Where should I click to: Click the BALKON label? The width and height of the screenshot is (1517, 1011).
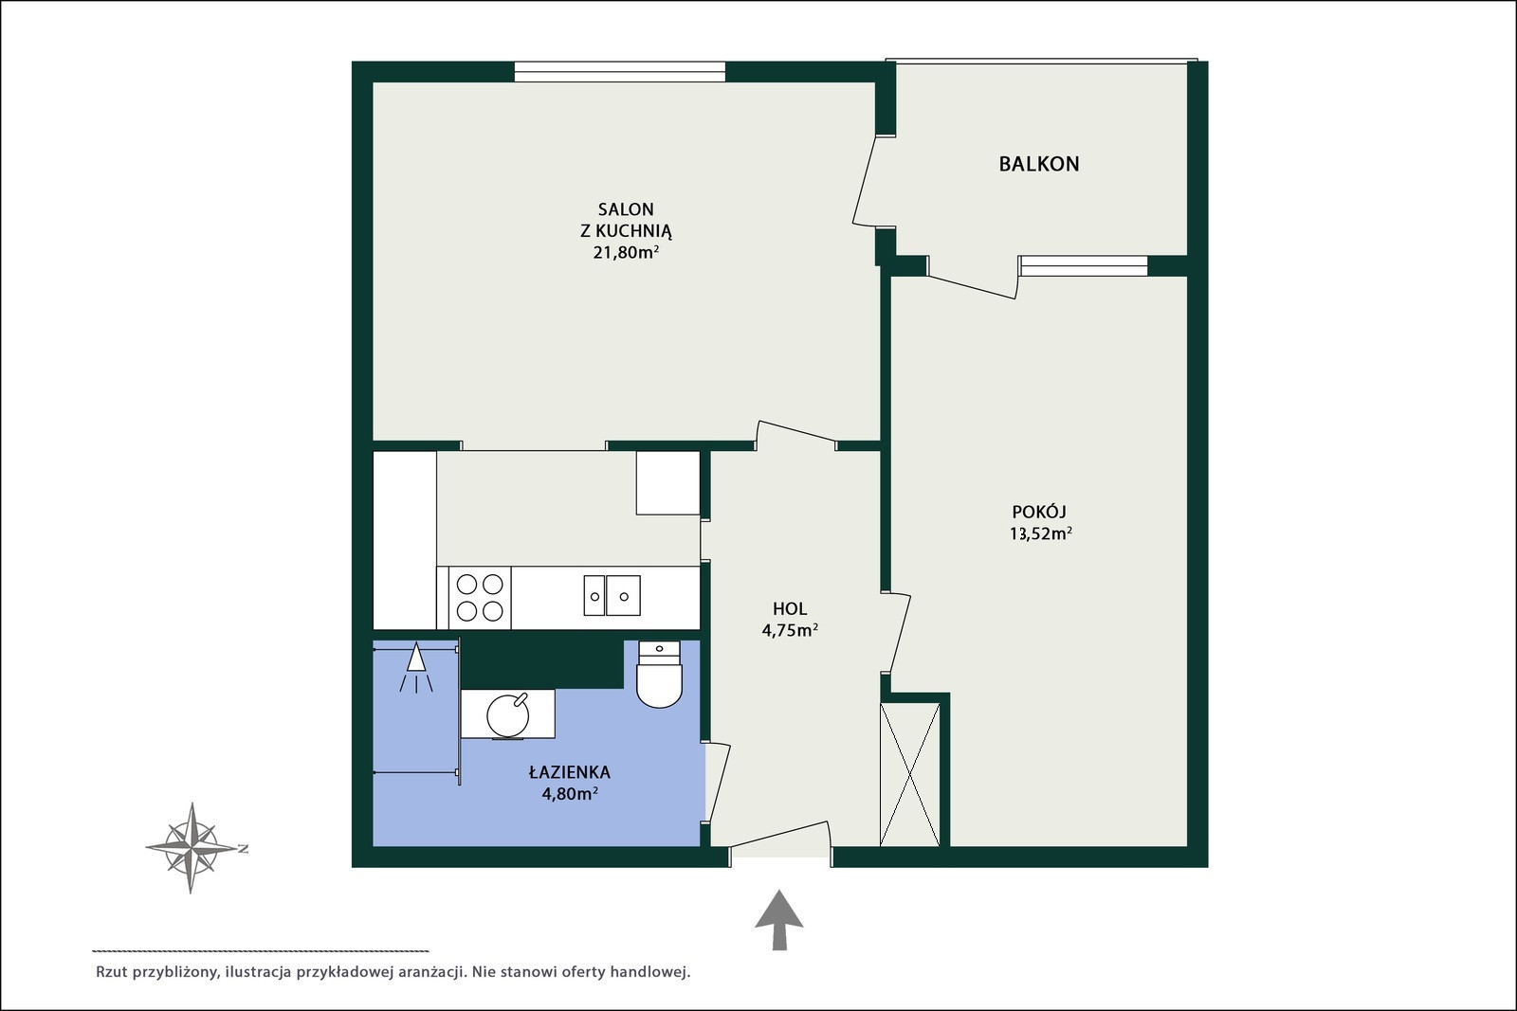point(1039,164)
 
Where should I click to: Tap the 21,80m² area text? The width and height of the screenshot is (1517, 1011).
point(627,252)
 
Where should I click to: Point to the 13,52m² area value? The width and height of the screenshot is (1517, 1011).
point(1041,533)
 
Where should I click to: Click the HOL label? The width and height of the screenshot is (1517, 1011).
point(790,608)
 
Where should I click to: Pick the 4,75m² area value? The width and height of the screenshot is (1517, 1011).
point(790,631)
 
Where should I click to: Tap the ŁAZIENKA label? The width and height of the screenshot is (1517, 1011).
point(570,771)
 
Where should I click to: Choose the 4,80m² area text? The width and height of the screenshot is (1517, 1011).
point(570,794)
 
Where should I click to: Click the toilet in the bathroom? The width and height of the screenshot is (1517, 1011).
point(659,675)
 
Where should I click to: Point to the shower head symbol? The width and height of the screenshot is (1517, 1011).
point(416,667)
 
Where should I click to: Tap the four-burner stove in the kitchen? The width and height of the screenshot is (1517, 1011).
point(480,598)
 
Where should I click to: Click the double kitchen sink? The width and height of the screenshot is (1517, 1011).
point(612,595)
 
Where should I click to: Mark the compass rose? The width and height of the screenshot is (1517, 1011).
point(192,848)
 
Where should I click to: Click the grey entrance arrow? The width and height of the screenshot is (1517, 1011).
point(779,920)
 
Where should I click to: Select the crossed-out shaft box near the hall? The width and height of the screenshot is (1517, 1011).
point(910,775)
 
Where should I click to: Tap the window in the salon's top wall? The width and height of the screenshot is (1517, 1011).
point(620,72)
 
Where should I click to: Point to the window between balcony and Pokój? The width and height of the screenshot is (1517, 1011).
point(1084,266)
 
